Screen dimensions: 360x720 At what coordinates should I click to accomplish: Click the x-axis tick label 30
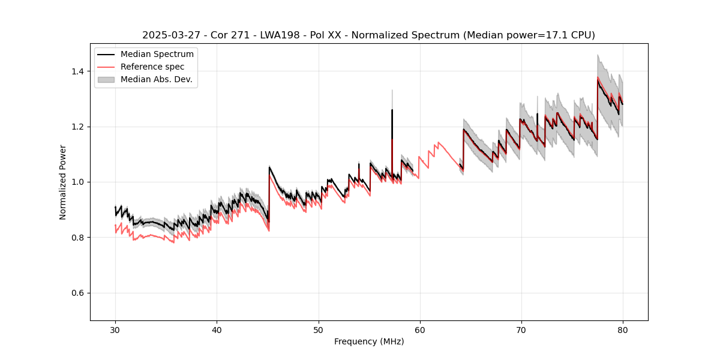click(115, 329)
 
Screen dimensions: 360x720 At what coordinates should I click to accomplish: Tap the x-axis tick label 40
click(217, 329)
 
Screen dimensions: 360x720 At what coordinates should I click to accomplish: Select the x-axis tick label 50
click(318, 329)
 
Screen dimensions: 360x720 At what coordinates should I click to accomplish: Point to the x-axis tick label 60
click(419, 329)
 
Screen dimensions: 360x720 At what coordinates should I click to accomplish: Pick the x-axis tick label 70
click(521, 329)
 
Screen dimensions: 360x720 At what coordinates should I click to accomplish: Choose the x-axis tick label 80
click(622, 329)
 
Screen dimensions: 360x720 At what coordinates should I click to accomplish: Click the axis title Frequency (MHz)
click(369, 341)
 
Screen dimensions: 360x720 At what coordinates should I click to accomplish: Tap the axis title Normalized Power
click(62, 182)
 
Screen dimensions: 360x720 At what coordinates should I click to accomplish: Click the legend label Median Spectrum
click(157, 55)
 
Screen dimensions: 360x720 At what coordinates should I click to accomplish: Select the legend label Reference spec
click(152, 67)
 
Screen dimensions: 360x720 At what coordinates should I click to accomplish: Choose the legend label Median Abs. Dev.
click(157, 79)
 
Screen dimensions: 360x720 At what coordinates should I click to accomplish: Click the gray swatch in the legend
click(106, 79)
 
